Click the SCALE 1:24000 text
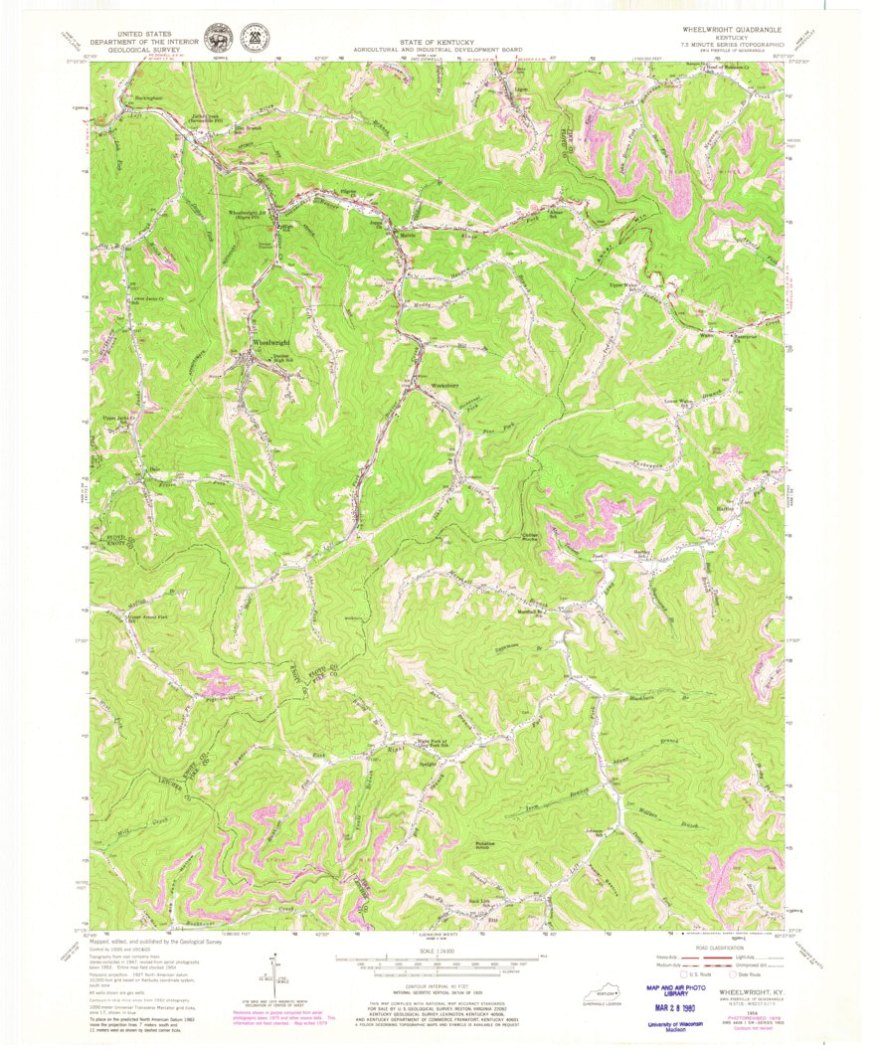click(435, 953)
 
